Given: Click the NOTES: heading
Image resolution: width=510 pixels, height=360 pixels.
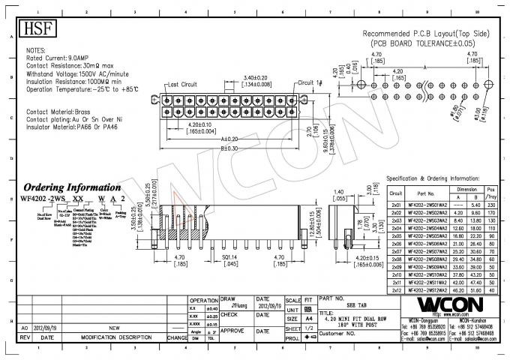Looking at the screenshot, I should [36, 49].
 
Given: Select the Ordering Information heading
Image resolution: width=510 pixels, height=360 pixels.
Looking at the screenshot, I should [71, 187].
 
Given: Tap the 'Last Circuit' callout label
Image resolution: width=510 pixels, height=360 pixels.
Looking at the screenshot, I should [181, 84].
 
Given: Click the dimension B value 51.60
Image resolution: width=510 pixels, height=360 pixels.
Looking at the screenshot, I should [475, 289].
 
